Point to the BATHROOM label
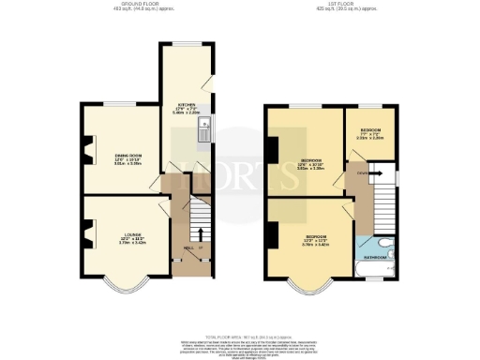pos(376,256)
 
